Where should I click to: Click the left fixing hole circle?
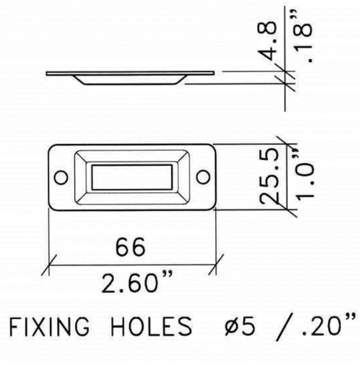[x=60, y=177]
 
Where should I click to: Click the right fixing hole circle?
[x=203, y=177]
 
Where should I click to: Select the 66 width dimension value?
[x=130, y=247]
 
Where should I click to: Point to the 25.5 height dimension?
[x=269, y=176]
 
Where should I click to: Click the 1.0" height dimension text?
[x=305, y=177]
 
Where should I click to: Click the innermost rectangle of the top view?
[x=132, y=177]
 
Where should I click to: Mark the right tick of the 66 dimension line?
[x=216, y=265]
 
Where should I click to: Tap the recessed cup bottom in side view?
[x=129, y=83]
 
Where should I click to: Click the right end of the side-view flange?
[x=213, y=73]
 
